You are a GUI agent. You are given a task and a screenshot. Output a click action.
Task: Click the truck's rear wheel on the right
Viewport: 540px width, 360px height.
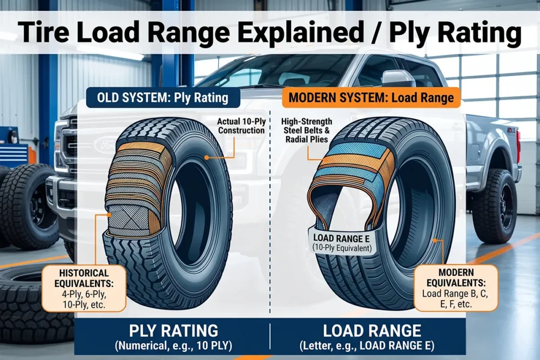494,206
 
